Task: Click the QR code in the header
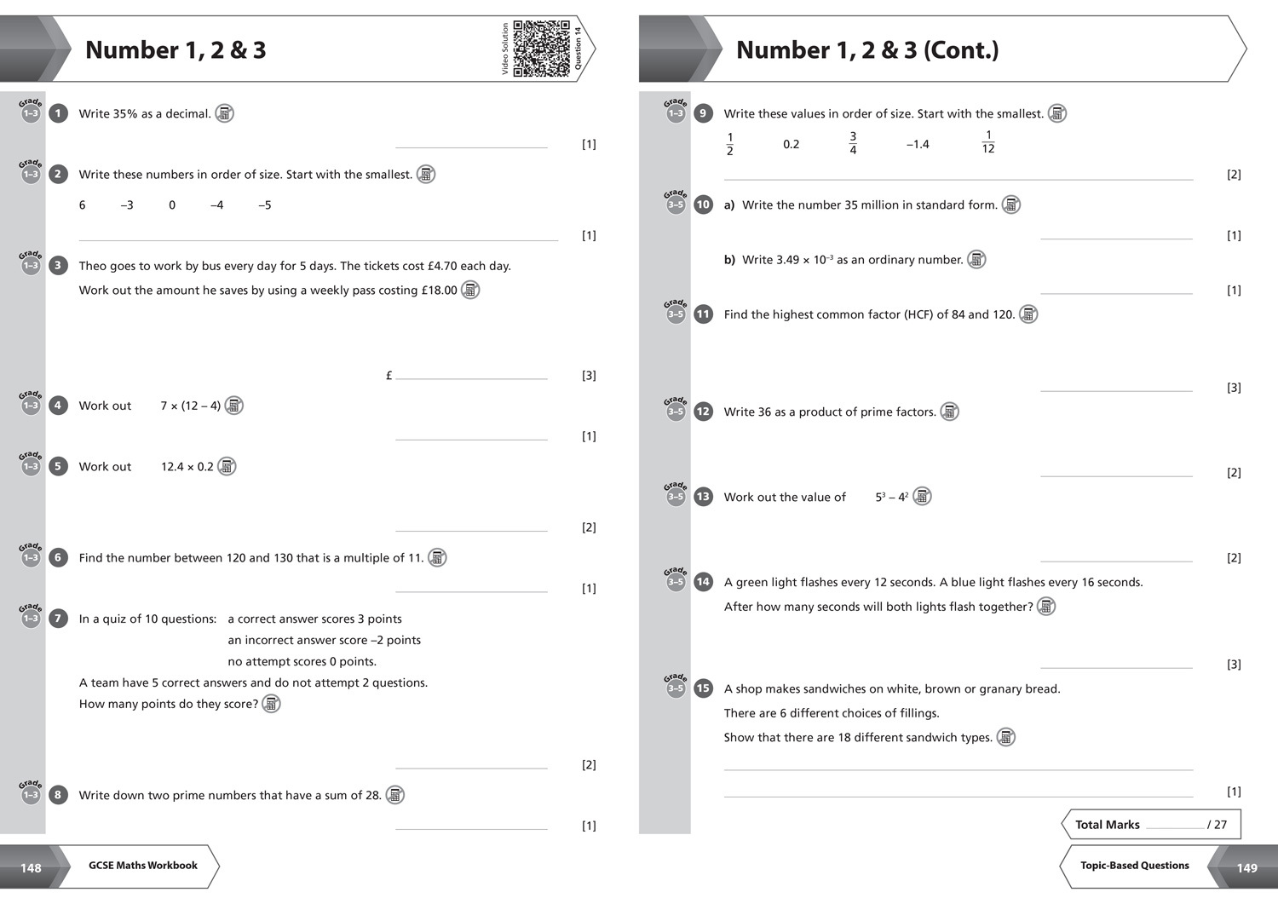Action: point(541,49)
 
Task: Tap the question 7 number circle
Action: point(58,619)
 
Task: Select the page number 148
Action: point(31,868)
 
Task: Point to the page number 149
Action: point(1246,868)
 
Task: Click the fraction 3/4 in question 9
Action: point(853,143)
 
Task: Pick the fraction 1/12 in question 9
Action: point(988,142)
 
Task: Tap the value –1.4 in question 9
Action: point(918,144)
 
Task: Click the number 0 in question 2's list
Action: point(172,204)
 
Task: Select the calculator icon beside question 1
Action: point(224,113)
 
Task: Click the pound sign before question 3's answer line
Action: point(389,376)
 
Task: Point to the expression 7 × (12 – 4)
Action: point(191,406)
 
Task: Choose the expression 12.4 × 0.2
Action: point(187,467)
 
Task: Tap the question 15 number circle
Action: point(703,688)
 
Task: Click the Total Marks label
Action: point(1108,825)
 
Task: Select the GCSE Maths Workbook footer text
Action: point(142,865)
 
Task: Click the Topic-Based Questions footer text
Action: point(1134,865)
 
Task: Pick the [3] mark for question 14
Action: point(1234,665)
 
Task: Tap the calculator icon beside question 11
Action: point(1028,314)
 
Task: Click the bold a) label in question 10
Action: point(729,204)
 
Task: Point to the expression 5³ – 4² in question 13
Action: point(892,497)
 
